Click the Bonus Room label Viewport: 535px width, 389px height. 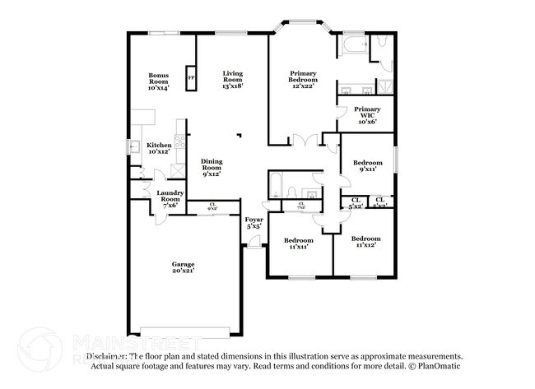click(159, 81)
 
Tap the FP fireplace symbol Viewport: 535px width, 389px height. click(191, 78)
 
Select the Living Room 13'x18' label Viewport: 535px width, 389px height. click(233, 80)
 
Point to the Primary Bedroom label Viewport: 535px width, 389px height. click(303, 80)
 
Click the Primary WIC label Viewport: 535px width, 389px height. click(367, 115)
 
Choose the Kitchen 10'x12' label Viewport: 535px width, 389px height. click(159, 148)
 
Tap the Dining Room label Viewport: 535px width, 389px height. click(212, 168)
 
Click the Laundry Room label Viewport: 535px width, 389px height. click(170, 199)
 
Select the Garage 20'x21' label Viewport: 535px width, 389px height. click(183, 267)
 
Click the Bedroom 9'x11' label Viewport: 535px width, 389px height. click(368, 166)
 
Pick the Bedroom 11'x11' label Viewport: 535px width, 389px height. click(298, 244)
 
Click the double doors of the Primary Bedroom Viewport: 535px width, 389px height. click(305, 141)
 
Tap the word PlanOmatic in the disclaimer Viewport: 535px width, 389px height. click(437, 366)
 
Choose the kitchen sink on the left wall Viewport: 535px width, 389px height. click(133, 148)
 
